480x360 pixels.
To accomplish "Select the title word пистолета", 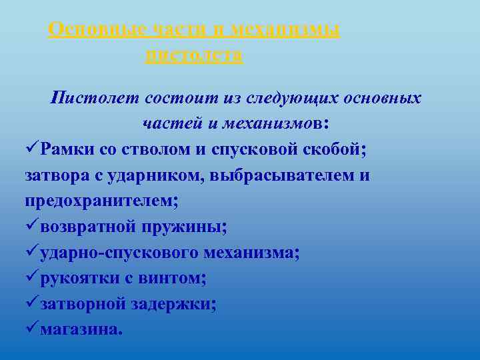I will point(193,55).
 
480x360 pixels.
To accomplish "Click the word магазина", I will point(81,329).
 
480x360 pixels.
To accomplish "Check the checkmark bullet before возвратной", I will point(32,227).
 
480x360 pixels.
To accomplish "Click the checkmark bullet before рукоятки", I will point(32,278).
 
